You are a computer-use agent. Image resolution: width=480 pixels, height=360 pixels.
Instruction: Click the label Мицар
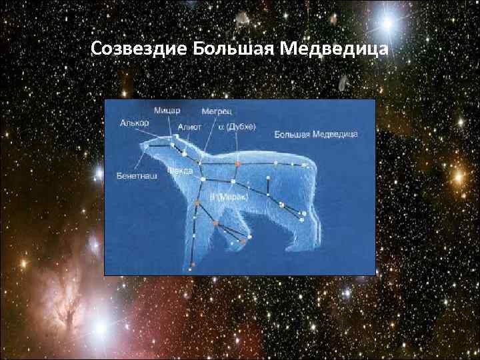coord(167,110)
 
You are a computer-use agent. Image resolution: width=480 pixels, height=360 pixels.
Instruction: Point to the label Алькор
coord(135,123)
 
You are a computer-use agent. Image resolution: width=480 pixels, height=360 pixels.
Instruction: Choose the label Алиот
coord(190,127)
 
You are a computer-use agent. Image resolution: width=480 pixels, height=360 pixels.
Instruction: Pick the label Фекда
coord(180,171)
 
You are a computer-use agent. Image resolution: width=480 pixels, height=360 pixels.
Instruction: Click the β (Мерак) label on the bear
coord(229,197)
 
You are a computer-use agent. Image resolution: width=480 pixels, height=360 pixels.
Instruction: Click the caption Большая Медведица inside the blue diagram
coord(316,135)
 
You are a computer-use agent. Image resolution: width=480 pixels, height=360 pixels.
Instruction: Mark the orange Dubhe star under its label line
coord(237,162)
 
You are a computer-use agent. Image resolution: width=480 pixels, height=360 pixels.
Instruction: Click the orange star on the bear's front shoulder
coord(197,201)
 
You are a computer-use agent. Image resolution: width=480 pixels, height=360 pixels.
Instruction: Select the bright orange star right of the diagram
coord(459,177)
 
